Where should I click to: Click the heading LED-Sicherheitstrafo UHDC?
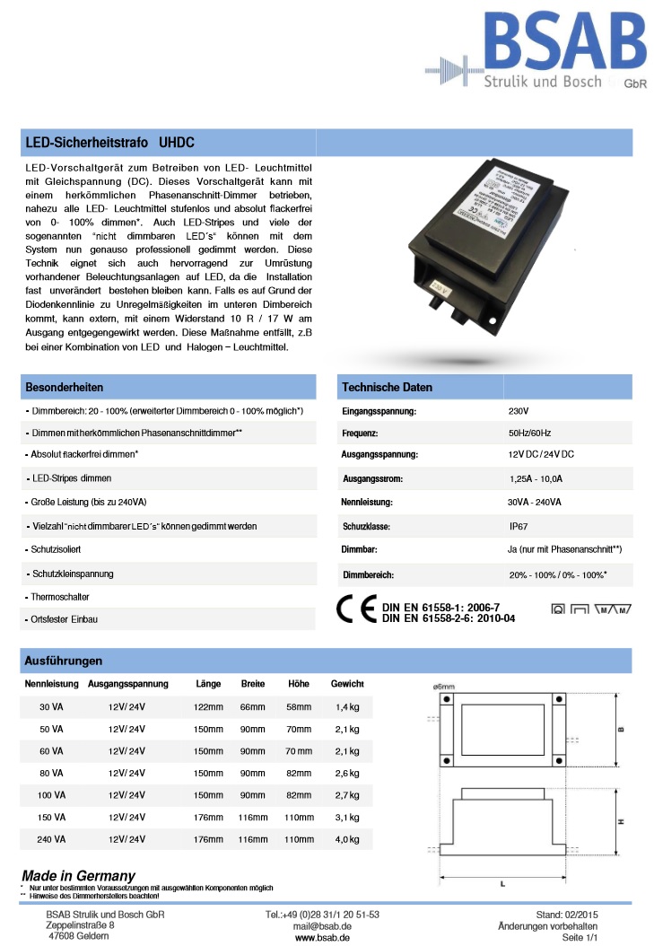(x=109, y=143)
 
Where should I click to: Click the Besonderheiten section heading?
(x=65, y=387)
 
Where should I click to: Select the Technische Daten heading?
(x=387, y=387)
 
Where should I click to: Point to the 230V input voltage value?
(x=519, y=410)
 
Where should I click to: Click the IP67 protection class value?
(x=519, y=526)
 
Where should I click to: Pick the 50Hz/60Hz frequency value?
(x=530, y=433)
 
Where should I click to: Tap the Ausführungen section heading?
(x=63, y=661)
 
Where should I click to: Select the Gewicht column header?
(x=347, y=684)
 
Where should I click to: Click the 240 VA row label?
(x=51, y=840)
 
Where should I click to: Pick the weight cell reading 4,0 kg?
(x=347, y=840)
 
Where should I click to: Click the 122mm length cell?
(x=208, y=706)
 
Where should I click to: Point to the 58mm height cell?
(x=298, y=706)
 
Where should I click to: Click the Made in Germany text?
(x=78, y=875)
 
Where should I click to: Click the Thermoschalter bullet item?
(x=58, y=597)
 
